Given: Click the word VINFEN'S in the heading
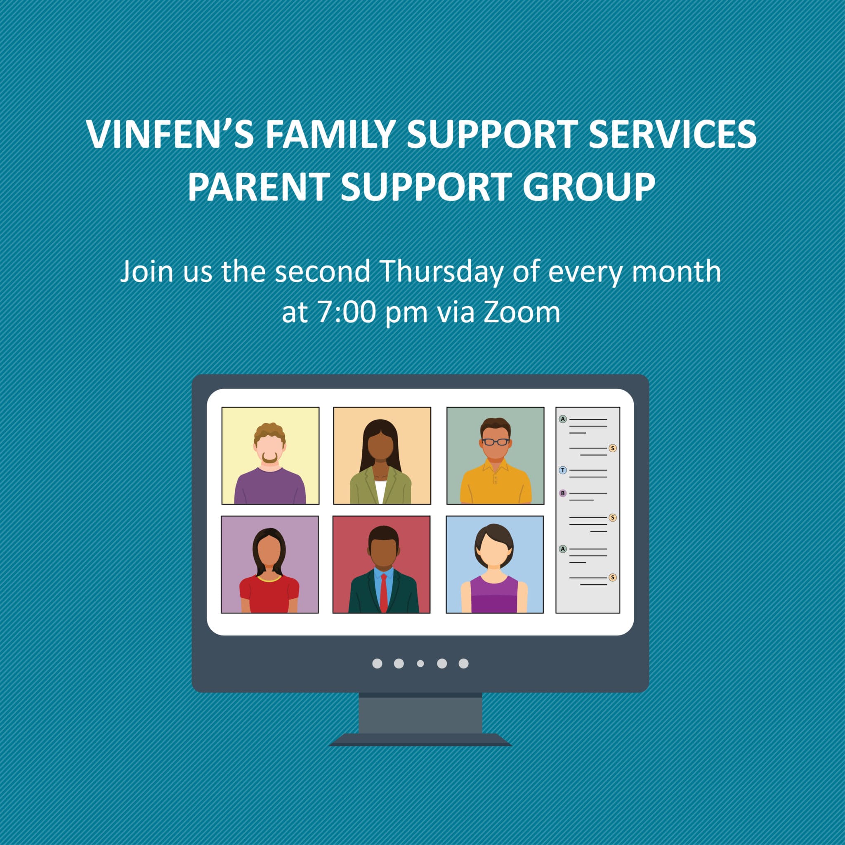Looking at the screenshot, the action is tap(170, 134).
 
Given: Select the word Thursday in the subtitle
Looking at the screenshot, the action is tap(442, 271).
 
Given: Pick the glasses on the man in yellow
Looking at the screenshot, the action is tap(496, 442).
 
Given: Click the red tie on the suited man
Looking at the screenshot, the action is tap(383, 592).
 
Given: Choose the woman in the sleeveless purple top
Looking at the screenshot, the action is tap(494, 568).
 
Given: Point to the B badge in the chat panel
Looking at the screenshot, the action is tap(563, 493).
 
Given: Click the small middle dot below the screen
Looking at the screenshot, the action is tap(420, 663).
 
